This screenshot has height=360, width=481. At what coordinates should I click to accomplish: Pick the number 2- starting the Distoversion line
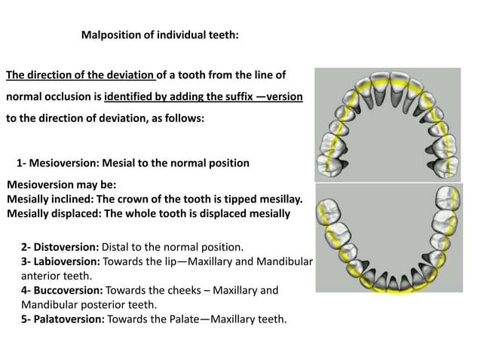[26, 246]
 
